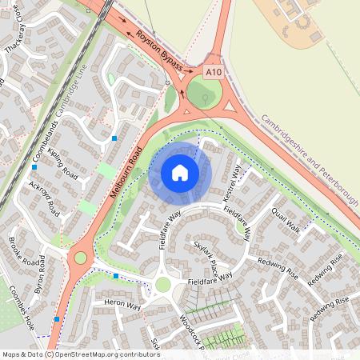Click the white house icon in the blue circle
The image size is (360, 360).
(x=180, y=172)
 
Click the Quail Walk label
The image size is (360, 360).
(x=286, y=218)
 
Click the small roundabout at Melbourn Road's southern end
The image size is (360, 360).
(x=80, y=258)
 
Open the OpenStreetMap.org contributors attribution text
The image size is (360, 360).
(x=105, y=354)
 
